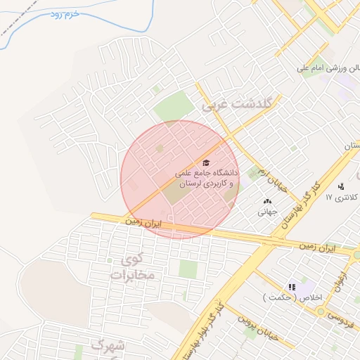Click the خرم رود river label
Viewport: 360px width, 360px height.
63,13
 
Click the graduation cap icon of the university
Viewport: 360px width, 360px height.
205,162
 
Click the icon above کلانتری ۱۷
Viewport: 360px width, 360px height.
341,186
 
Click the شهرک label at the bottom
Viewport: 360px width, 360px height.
107,346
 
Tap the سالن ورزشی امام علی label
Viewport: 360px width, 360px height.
328,69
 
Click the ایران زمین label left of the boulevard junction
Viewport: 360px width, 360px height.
143,221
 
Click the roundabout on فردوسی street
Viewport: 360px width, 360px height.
358,254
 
